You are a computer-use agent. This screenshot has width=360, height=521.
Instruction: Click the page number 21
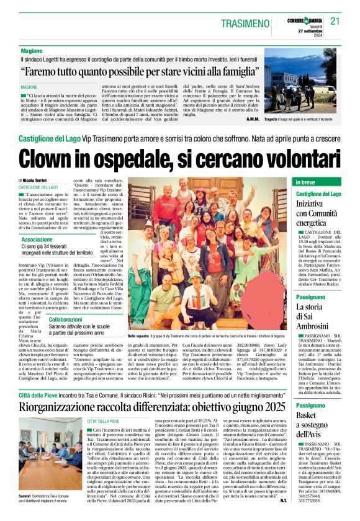tap(335, 20)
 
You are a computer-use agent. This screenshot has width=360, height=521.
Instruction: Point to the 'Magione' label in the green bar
tap(32, 50)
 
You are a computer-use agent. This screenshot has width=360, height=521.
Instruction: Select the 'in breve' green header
tap(305, 182)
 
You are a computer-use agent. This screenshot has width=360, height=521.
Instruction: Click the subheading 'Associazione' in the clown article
tap(37, 239)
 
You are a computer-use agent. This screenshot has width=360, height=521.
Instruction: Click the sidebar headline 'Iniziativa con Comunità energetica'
tap(318, 213)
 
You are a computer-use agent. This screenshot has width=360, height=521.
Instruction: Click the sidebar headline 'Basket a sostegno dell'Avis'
tap(313, 424)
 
